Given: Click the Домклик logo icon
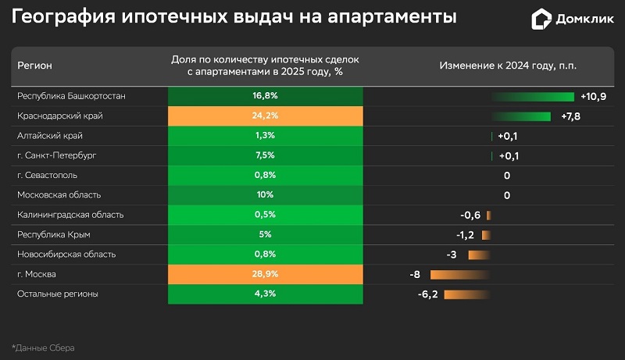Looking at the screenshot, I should pos(542,19).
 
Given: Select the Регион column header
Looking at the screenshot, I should pos(34,66).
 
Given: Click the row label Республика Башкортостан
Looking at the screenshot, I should pos(71,96).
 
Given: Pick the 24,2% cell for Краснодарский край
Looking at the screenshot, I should pos(266,116).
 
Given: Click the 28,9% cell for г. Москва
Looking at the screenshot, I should pos(266,274).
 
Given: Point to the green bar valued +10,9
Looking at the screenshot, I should pos(534,96).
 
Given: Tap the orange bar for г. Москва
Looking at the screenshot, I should pos(459,274).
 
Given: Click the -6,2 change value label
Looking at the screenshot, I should pos(429,294).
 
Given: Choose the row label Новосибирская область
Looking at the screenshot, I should pos(66,254).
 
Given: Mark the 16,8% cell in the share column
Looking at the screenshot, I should pos(266,96).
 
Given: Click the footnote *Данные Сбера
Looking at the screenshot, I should pos(44,348).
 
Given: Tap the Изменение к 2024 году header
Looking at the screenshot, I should pos(508,66).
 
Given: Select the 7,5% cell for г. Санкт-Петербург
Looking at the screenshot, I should pos(266,155).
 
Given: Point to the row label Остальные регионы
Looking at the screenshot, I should pos(58,294).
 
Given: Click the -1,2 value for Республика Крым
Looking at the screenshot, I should pos(466,235).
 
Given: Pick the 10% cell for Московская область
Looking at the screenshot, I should pos(266,194).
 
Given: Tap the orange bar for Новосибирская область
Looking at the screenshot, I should pos(478,255).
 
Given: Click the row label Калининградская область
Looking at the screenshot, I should pos(70,215).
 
